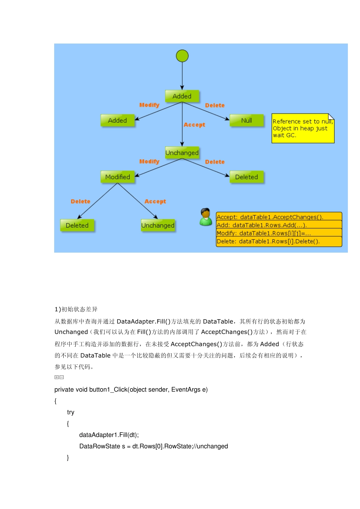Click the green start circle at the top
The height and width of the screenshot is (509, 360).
[182, 56]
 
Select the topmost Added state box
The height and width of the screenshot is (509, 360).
[182, 96]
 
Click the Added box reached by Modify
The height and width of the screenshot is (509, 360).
[117, 120]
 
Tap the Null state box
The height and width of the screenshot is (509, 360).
[246, 120]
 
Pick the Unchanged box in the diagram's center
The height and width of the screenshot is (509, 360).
[182, 153]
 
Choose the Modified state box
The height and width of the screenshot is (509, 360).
[117, 177]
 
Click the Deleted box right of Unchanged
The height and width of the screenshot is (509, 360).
[246, 177]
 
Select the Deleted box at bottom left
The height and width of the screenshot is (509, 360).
[77, 225]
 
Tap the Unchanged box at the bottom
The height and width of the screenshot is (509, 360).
[158, 225]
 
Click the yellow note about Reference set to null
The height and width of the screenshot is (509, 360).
[302, 128]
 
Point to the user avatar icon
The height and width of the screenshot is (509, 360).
[206, 217]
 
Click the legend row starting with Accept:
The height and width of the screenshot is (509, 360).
[279, 217]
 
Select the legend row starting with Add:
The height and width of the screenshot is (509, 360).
[279, 225]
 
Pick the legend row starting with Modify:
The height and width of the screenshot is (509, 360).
[279, 233]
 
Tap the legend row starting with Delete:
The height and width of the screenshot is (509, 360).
[279, 241]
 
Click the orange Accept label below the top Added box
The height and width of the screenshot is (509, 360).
[194, 125]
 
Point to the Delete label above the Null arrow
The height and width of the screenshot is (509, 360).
[215, 105]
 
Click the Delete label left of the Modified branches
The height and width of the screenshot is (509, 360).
[81, 201]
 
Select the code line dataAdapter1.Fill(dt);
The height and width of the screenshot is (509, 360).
[109, 435]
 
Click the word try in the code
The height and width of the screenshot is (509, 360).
[71, 412]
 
